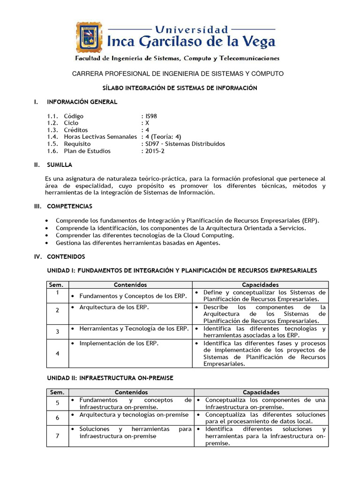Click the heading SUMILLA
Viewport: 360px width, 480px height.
tap(59, 165)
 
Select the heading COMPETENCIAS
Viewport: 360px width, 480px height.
tap(69, 206)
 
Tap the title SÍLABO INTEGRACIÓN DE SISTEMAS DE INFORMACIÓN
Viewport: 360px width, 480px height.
tap(180, 88)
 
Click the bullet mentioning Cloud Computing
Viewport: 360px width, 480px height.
tap(144, 235)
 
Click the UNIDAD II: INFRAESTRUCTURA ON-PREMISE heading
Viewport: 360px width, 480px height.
tap(110, 378)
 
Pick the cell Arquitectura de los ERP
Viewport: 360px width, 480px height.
tap(114, 307)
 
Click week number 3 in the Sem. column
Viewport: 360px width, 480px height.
tap(57, 332)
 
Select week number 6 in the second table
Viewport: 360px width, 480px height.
tap(57, 418)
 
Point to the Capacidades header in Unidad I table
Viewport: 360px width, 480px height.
tap(260, 285)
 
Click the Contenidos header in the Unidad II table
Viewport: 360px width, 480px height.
tap(131, 392)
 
